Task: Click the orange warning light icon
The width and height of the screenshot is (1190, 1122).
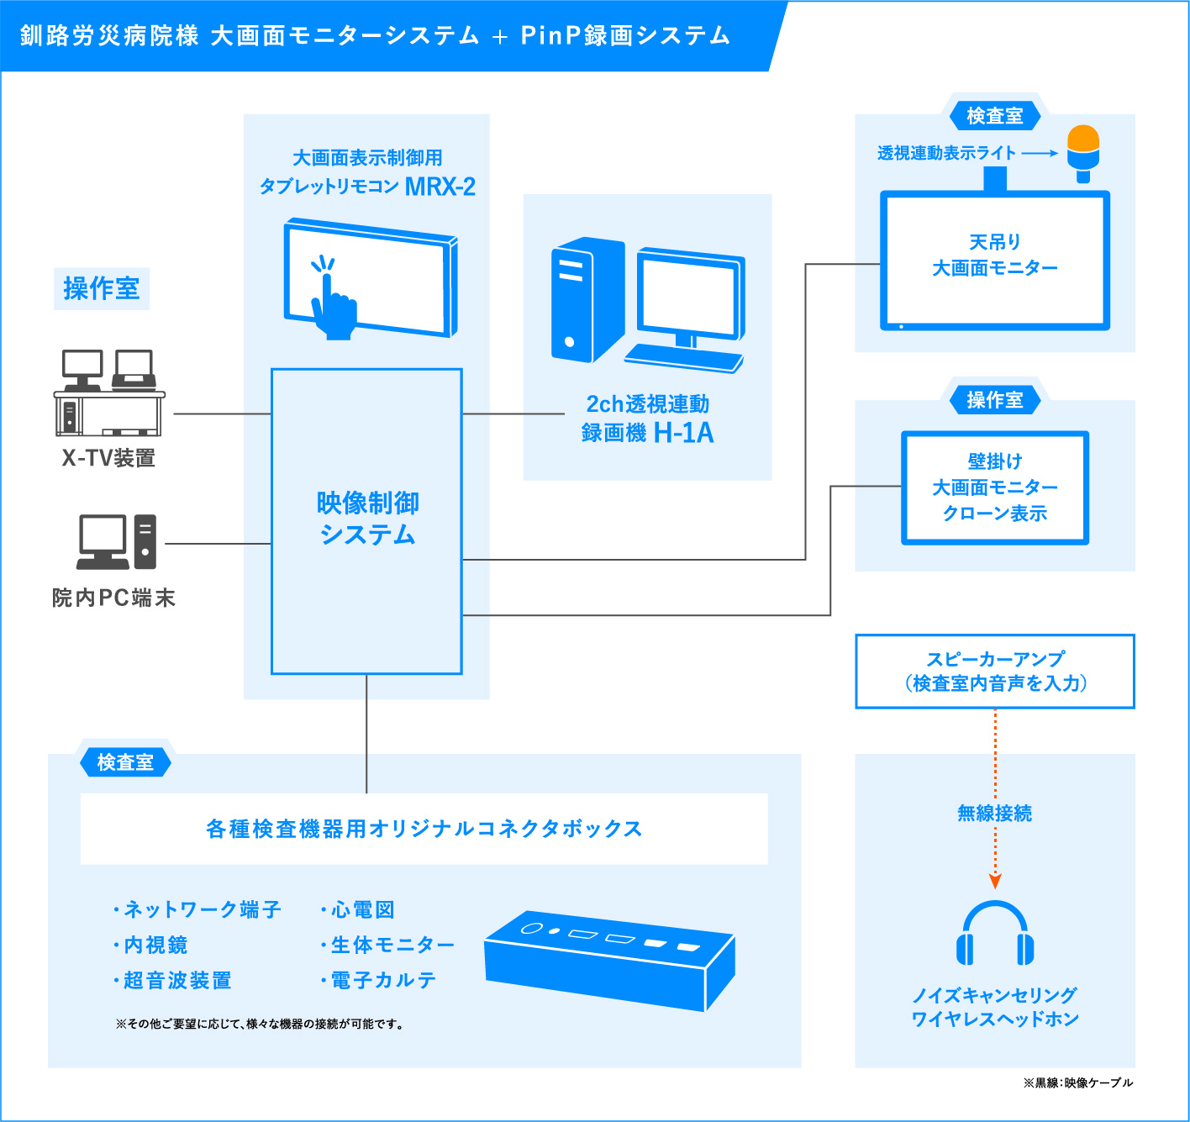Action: point(1083,152)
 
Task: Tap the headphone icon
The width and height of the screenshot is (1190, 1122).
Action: point(995,935)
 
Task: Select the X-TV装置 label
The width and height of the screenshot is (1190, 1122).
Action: point(108,458)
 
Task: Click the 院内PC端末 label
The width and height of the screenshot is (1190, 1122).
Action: point(113,598)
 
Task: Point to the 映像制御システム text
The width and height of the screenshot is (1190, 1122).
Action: point(367,519)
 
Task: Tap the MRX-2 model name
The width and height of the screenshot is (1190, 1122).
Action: point(440,187)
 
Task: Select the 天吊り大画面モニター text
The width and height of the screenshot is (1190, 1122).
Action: point(994,255)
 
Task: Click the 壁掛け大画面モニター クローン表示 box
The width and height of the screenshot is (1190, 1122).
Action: point(994,487)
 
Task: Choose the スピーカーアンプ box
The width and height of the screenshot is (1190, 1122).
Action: point(995,671)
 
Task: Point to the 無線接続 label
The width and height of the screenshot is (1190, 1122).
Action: point(995,813)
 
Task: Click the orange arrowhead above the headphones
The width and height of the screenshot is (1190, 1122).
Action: point(995,881)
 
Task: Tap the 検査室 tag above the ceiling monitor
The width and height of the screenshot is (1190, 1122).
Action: point(994,116)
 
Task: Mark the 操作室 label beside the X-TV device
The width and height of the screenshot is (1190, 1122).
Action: point(101,288)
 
